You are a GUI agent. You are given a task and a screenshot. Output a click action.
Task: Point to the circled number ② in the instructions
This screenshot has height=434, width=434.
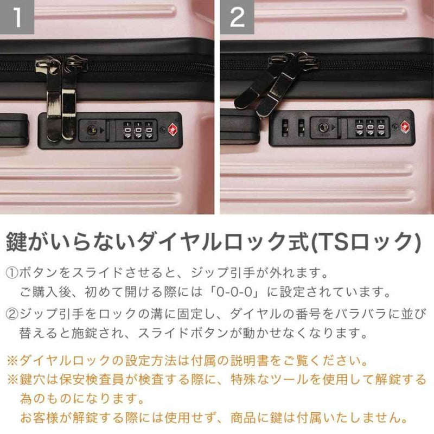(x=12, y=313)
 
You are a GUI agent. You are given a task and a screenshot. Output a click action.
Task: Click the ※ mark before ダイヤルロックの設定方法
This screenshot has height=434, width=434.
(x=12, y=359)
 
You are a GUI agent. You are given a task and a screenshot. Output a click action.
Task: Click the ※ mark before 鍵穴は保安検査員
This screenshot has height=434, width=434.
(x=12, y=379)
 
